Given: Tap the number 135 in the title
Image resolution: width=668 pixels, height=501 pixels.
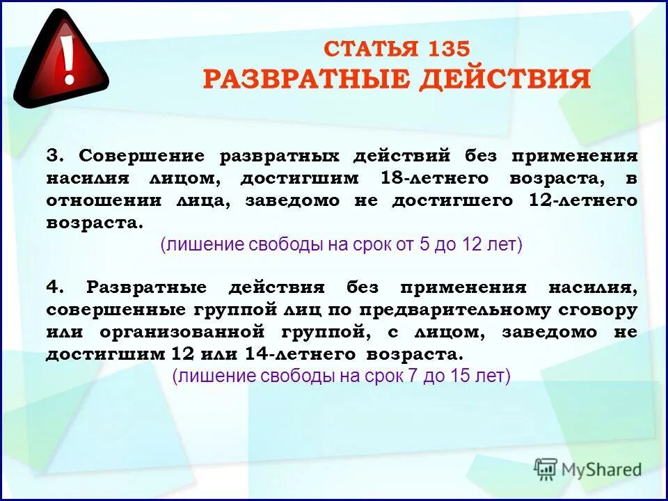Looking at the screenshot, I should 447,48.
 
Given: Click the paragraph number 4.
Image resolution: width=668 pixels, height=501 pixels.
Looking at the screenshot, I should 52,287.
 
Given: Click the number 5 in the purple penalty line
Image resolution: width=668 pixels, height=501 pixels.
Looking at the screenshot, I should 424,245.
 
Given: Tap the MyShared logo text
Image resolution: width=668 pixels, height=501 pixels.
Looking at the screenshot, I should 599,469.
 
